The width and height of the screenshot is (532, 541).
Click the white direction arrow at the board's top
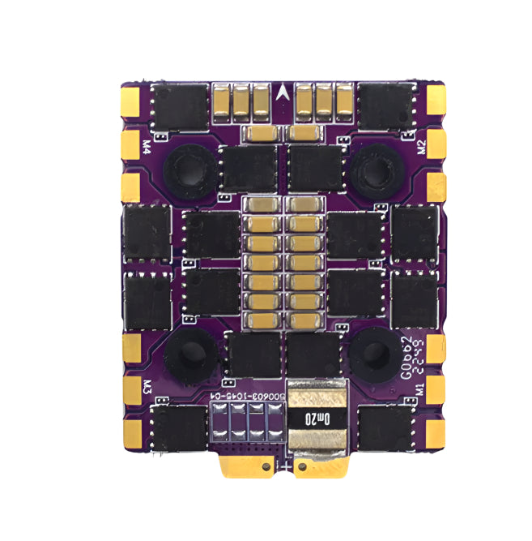click(281, 93)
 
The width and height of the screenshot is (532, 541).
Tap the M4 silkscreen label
click(146, 147)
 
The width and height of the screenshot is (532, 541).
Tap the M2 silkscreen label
click(420, 147)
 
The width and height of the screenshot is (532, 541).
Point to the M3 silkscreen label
click(147, 386)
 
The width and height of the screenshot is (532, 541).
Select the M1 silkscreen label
click(419, 388)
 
